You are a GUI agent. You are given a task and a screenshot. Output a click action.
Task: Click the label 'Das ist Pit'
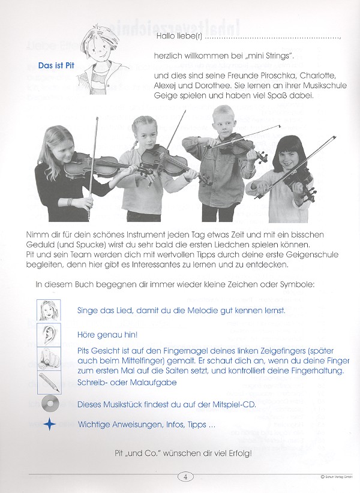[56, 65]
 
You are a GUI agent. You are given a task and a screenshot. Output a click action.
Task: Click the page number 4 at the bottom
[186, 477]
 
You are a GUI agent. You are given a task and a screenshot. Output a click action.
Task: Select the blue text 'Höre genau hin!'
[108, 334]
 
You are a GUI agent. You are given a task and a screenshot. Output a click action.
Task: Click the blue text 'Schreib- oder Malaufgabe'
[128, 382]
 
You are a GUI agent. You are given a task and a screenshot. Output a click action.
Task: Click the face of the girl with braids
[151, 131]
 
